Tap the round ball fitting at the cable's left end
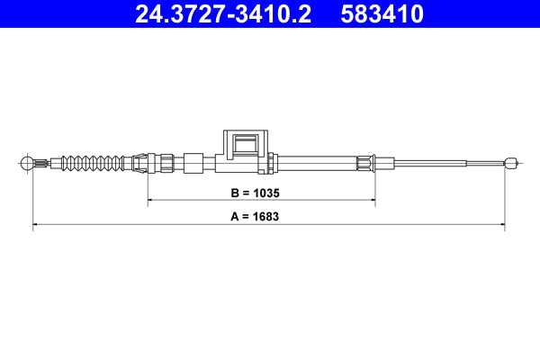click(27, 163)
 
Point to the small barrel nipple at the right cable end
click(510, 163)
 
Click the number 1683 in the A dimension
click(272, 217)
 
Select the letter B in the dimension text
click(237, 193)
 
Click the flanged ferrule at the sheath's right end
click(364, 163)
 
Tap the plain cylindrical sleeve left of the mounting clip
click(193, 163)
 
